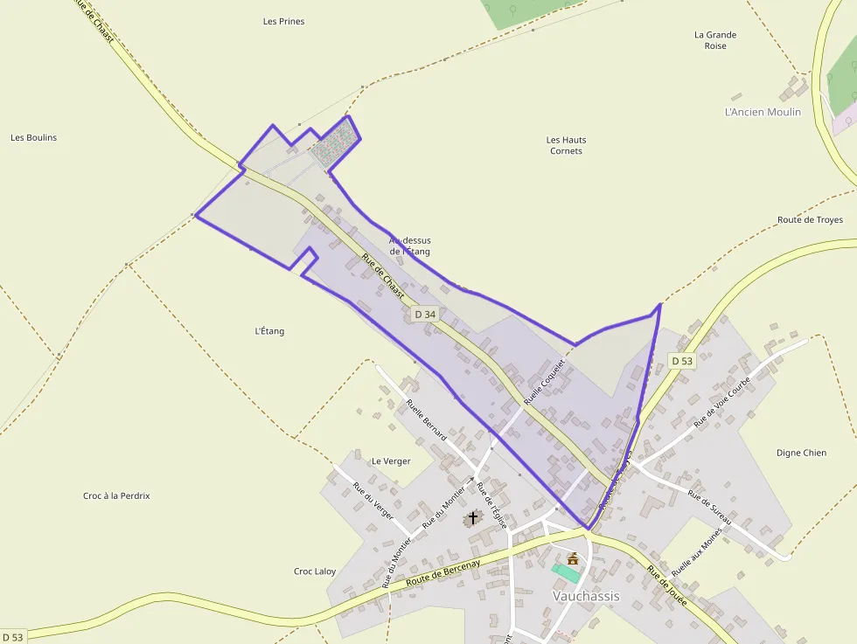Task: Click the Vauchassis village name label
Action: click(586, 596)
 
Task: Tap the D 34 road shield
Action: click(425, 314)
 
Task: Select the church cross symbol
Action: click(473, 517)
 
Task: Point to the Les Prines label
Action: click(283, 21)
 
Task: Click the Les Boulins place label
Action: click(33, 137)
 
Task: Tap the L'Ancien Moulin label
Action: click(763, 112)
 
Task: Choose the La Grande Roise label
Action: click(715, 40)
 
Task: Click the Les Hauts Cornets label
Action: click(566, 145)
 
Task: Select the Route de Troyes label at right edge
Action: click(810, 220)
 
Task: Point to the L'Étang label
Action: click(269, 331)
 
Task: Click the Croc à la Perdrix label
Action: click(116, 495)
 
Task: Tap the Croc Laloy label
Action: click(315, 571)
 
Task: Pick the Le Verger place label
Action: click(391, 460)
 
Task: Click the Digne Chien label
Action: click(801, 453)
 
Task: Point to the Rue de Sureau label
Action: click(709, 507)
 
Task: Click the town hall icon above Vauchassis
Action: click(573, 558)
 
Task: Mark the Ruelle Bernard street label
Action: click(427, 419)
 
